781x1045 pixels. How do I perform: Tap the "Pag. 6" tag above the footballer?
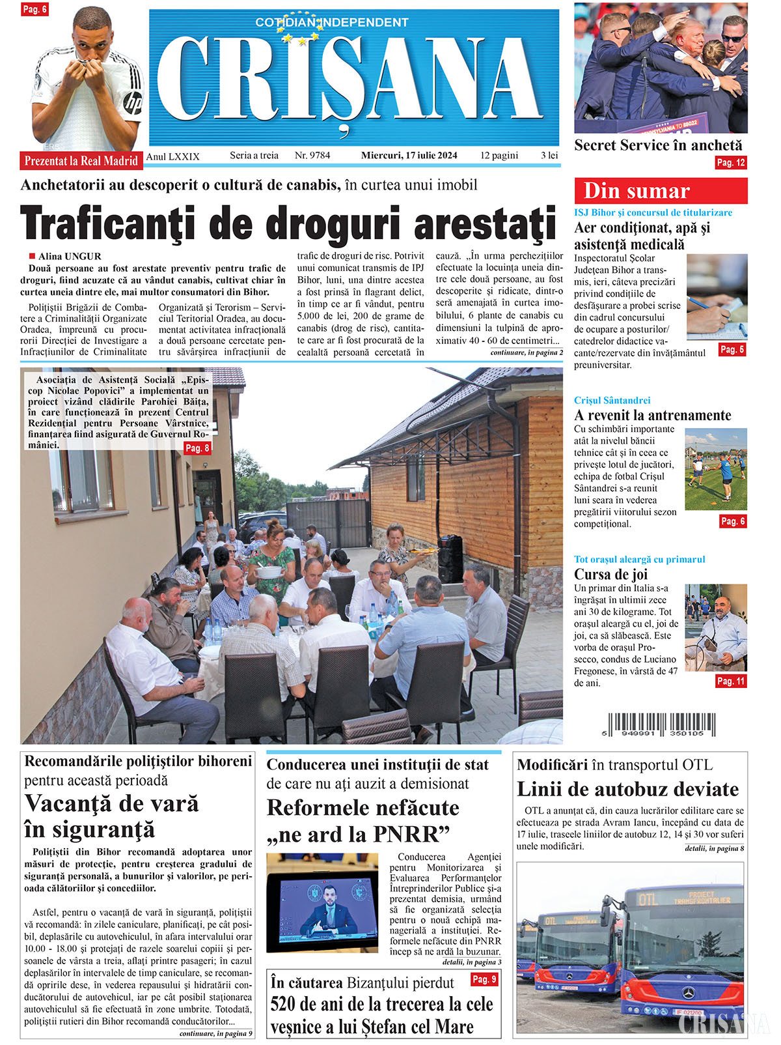[x=34, y=9]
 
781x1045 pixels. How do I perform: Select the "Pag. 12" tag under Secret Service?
[x=730, y=163]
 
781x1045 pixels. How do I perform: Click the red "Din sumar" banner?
[x=660, y=191]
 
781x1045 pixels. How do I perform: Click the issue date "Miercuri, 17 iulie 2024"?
[x=409, y=156]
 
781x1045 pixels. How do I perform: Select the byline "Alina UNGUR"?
[x=70, y=257]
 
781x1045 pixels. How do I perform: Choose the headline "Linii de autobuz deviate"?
[x=627, y=790]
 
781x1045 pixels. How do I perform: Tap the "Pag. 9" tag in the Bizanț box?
[x=484, y=979]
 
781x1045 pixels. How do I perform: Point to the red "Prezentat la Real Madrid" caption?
[x=81, y=161]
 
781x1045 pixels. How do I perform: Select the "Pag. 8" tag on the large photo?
[x=197, y=448]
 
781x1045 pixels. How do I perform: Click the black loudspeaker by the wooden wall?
[x=449, y=558]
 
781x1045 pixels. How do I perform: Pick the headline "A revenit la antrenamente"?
[x=652, y=415]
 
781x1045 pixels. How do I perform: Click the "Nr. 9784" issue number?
[x=312, y=156]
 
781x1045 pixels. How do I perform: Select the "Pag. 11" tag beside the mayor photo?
[x=730, y=681]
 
